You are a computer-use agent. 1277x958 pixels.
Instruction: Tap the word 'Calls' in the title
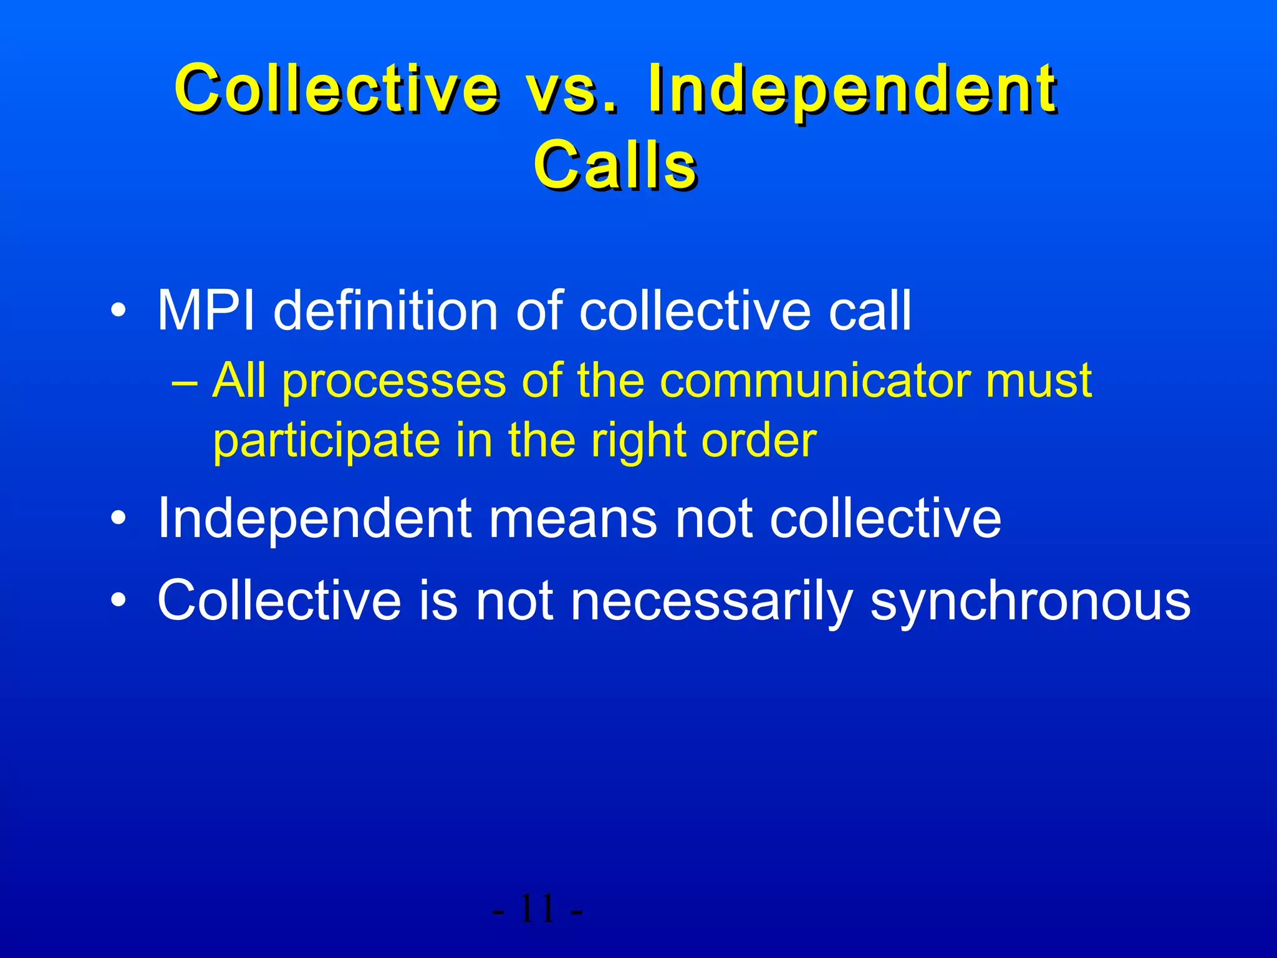pos(615,165)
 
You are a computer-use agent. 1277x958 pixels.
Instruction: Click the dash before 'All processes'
pos(185,381)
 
